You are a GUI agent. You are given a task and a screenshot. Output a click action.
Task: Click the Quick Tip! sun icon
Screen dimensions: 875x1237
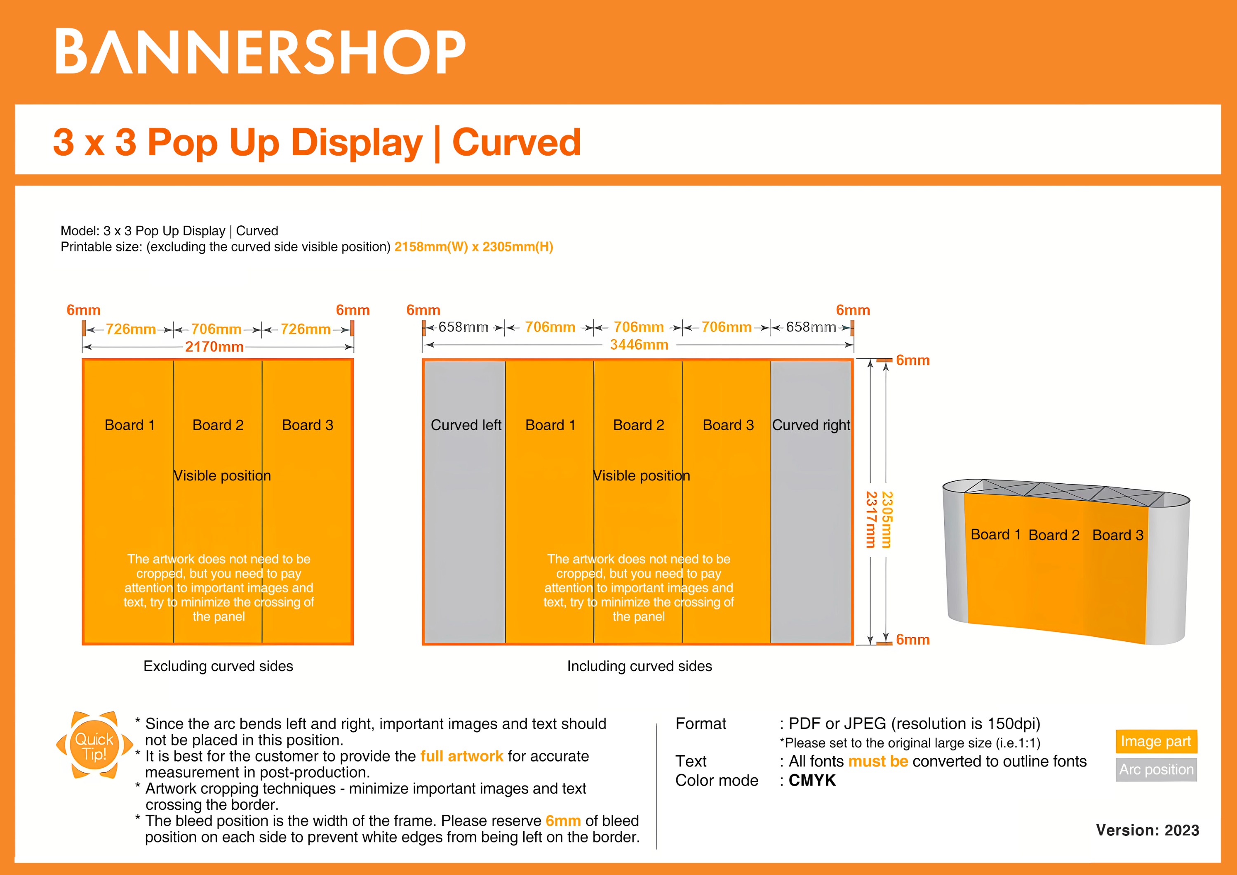click(x=94, y=746)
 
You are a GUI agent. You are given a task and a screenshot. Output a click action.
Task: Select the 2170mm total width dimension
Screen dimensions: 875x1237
click(x=214, y=347)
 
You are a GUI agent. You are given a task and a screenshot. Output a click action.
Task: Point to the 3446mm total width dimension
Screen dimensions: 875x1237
click(x=639, y=345)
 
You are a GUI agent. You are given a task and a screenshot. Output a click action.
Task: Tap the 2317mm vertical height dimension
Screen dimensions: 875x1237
click(x=870, y=519)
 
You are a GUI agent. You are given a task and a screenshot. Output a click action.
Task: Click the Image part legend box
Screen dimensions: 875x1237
click(x=1156, y=741)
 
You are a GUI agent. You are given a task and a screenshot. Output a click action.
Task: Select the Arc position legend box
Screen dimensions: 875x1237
click(x=1156, y=769)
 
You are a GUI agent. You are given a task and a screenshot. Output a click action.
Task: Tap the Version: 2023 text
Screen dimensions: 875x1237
click(x=1147, y=830)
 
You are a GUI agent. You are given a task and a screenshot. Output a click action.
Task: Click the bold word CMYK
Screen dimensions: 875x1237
click(x=812, y=780)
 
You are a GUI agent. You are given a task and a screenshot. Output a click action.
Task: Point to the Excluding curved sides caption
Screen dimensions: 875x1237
click(x=218, y=666)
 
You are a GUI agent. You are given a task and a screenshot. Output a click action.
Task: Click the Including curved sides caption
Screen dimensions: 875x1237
click(x=640, y=666)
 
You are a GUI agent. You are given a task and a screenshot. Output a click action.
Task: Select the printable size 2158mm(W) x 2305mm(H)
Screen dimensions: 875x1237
click(x=474, y=247)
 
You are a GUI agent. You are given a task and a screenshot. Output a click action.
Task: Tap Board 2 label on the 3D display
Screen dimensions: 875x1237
click(x=1054, y=535)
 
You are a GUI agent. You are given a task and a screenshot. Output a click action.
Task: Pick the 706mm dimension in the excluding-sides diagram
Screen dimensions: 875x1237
click(x=216, y=329)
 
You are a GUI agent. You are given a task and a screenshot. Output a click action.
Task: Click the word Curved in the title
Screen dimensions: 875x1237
click(x=516, y=142)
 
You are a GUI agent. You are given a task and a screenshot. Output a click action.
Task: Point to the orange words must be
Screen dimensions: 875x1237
click(x=878, y=761)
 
